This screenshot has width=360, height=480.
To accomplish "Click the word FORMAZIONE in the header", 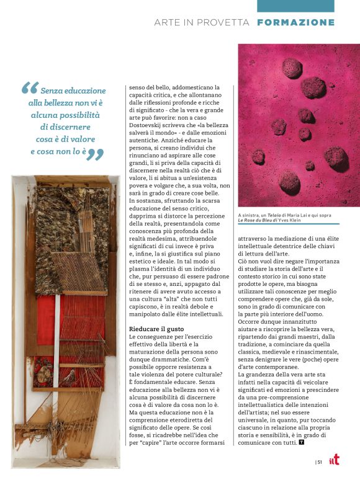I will pos(295,22).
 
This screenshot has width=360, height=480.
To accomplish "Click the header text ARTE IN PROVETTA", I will pos(202,22).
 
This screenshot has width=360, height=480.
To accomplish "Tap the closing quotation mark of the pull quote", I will pos(94,153).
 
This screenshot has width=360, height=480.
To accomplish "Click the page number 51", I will pos(319,461).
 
